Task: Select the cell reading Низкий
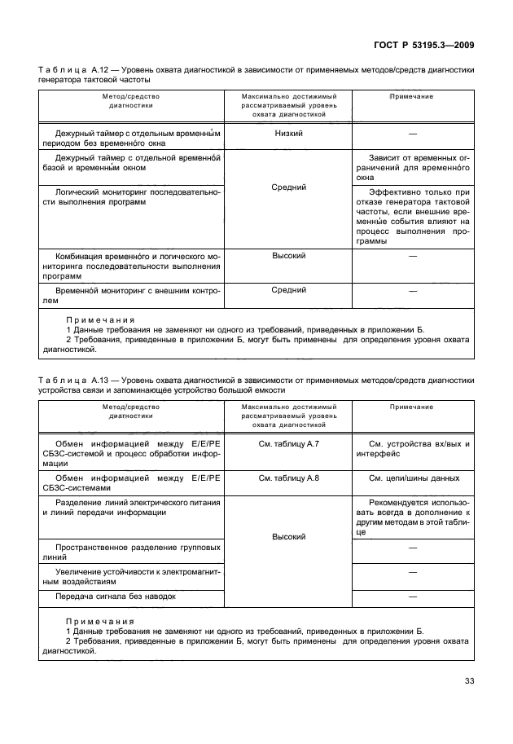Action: pos(289,133)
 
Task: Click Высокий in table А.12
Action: pos(289,256)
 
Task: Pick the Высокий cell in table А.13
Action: pos(289,537)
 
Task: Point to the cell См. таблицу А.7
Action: pos(289,443)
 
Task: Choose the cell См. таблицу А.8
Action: pos(289,478)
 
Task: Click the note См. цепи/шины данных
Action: pos(412,478)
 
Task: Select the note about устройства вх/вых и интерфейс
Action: pos(412,449)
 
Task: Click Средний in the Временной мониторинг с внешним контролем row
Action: pos(289,289)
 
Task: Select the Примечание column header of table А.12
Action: pos(412,97)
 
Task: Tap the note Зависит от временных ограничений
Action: pos(412,166)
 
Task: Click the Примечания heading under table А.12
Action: pos(100,320)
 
